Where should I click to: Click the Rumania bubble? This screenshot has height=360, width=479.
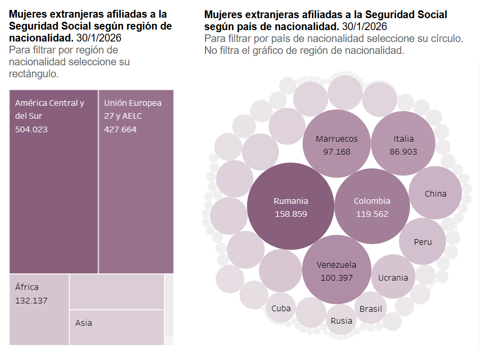coord(291,206)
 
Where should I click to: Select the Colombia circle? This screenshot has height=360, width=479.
coord(372,206)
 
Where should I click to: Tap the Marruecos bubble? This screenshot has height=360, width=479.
coord(336,144)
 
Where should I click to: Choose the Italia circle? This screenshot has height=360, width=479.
coord(403,144)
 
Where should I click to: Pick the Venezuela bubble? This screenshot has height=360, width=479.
coord(336,271)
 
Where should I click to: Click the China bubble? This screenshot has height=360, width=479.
coord(435,193)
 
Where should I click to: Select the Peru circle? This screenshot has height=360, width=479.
coord(422,241)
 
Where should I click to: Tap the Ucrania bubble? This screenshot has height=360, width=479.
coord(393,277)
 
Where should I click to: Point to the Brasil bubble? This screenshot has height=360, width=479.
coord(371,309)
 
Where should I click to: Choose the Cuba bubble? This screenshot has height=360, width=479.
coord(281,308)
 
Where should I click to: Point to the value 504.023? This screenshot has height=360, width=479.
coord(31,129)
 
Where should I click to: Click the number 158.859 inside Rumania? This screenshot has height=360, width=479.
coord(291,213)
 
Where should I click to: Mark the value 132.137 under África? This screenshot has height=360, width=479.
coord(32,300)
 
